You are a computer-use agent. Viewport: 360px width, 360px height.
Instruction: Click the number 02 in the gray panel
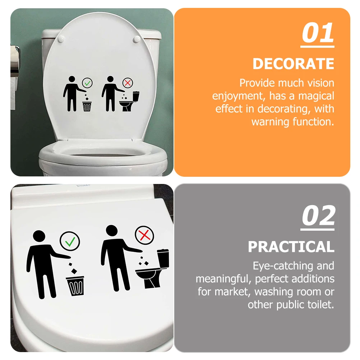[318, 216]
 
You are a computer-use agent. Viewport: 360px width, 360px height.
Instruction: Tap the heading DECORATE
[293, 64]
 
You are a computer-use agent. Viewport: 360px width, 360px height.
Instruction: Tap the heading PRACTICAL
[291, 247]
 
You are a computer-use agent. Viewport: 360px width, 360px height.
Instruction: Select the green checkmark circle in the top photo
[87, 83]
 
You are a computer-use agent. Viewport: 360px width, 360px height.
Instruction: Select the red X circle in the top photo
[128, 83]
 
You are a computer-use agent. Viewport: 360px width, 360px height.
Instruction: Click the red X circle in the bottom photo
[144, 236]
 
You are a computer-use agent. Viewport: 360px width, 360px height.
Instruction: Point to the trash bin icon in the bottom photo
[75, 285]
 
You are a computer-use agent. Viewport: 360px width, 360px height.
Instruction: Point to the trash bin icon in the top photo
[87, 106]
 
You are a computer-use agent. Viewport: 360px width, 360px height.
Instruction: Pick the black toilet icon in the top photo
[130, 102]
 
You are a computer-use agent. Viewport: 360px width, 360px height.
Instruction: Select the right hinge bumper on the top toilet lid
[137, 39]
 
